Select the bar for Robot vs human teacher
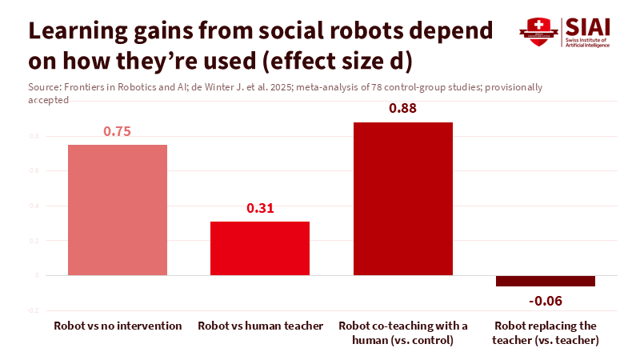click(260, 248)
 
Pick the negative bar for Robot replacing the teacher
click(546, 281)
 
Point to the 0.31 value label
click(260, 209)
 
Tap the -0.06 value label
click(546, 300)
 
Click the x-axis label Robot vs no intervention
click(118, 326)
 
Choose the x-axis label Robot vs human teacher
click(260, 326)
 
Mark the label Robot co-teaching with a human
click(403, 333)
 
